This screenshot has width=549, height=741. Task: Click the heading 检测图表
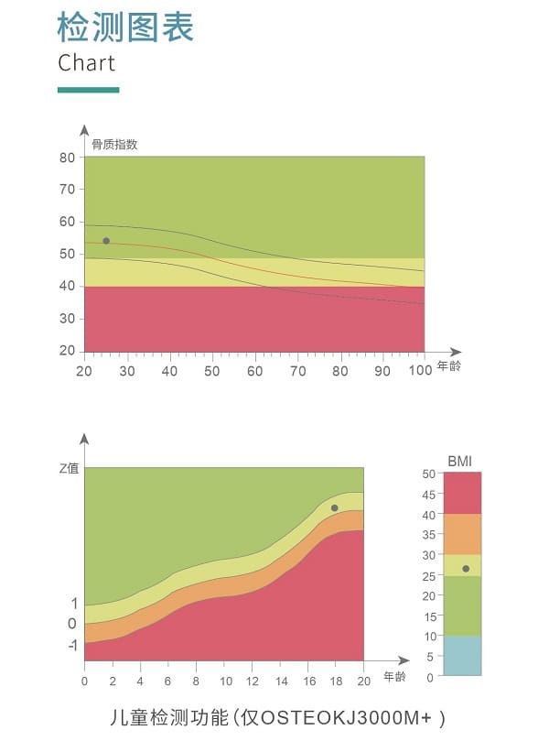pos(125,27)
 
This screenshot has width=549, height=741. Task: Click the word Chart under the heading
pos(87,63)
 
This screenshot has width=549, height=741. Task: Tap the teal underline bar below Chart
pos(88,90)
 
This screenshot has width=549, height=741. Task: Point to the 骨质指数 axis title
pos(114,144)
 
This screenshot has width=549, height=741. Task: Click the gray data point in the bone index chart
pos(106,241)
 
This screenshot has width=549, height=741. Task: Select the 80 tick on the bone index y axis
pos(67,157)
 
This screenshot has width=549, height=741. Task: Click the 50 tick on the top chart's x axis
pos(212,371)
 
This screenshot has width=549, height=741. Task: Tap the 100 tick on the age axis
pos(419,371)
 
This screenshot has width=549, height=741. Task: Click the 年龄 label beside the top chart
pos(449,366)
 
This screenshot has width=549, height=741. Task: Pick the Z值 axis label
pos(70,468)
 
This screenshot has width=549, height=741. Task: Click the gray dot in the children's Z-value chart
pos(334,507)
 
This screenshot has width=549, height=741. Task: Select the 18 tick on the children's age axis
pos(335,681)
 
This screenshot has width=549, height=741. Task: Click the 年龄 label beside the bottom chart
pos(393,677)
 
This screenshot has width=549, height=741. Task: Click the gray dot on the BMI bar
pos(466,569)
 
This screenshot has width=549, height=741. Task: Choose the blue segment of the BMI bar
pos(462,655)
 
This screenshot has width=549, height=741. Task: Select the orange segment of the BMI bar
pos(462,534)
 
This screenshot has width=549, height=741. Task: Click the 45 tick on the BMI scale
pos(428,495)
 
